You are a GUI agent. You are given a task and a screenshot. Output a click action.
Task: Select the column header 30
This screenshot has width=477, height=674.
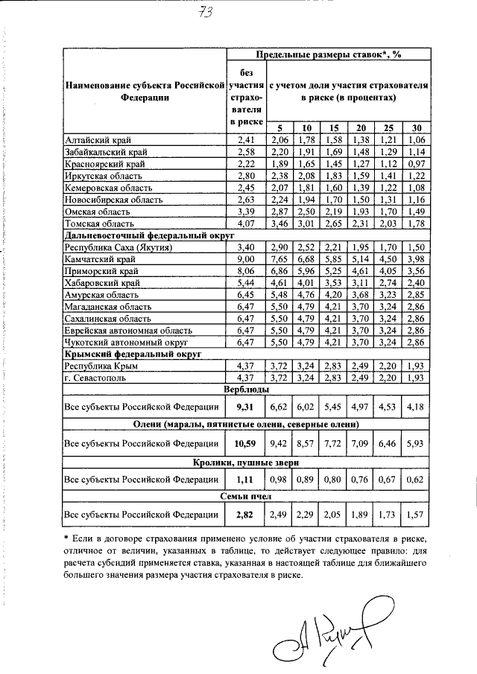[x=415, y=127]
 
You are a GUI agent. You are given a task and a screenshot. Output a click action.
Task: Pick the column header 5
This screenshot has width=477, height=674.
[x=279, y=127]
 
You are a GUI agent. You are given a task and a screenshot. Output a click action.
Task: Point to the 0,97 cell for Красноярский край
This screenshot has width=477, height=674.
[x=415, y=163]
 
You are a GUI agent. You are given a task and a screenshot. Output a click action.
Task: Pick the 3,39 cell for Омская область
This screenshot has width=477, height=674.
[x=246, y=211]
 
